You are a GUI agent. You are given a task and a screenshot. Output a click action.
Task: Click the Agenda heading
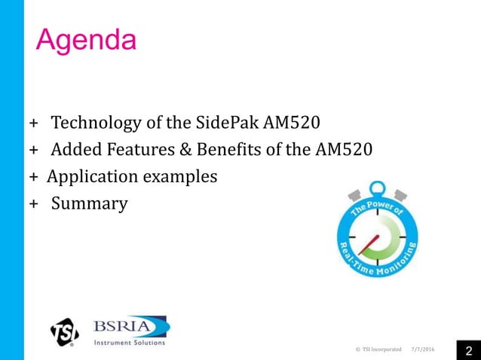click(x=87, y=39)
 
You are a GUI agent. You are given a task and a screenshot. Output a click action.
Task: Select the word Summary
click(x=89, y=204)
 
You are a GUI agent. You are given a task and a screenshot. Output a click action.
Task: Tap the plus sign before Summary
click(x=33, y=205)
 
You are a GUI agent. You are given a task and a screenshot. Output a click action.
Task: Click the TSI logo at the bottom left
click(x=66, y=332)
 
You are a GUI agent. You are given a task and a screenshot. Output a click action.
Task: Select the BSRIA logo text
click(x=130, y=326)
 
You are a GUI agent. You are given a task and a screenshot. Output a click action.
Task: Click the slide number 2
click(x=467, y=350)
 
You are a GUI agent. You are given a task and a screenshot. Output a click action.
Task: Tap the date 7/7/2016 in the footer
click(x=424, y=349)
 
